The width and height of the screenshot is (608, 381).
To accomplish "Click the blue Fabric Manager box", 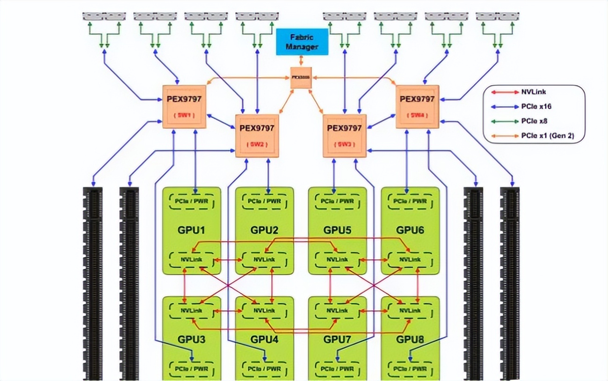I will pos(302,42).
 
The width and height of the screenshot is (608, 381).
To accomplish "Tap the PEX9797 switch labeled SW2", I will pos(257,136).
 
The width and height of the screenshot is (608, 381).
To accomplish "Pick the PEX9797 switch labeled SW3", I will pos(344,136).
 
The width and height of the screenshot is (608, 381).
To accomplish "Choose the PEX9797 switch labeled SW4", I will pos(417,107).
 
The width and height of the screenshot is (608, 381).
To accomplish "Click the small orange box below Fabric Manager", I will pos(301,77).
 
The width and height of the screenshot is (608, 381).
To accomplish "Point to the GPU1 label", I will pos(191,230).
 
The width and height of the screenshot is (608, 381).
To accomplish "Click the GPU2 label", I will pos(264,230).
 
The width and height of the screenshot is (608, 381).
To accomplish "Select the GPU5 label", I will pos(337,230).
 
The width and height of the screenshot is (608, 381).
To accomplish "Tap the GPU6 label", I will pos(410,230).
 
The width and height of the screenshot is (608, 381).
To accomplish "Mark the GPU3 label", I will pos(191,339).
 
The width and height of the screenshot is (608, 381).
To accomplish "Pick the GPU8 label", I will pos(410,339).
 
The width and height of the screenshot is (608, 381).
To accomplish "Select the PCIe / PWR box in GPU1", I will pos(191,201).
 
